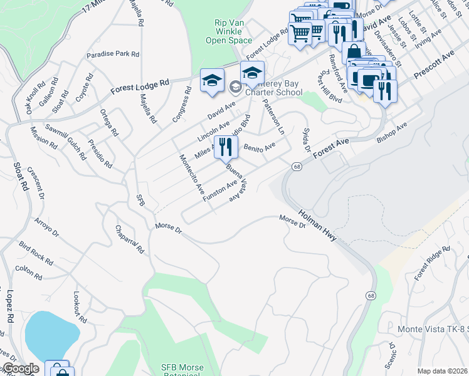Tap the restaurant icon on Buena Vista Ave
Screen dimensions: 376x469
pyautogui.click(x=226, y=147)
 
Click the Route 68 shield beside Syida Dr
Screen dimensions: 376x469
pyautogui.click(x=296, y=166)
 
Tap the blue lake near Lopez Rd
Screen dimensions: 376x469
pyautogui.click(x=50, y=335)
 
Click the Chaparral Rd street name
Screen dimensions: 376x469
pyautogui.click(x=130, y=239)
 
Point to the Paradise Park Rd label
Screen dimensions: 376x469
pyautogui.click(x=113, y=55)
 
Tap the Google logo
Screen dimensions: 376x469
pyautogui.click(x=21, y=368)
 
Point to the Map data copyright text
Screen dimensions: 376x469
pyautogui.click(x=442, y=371)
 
